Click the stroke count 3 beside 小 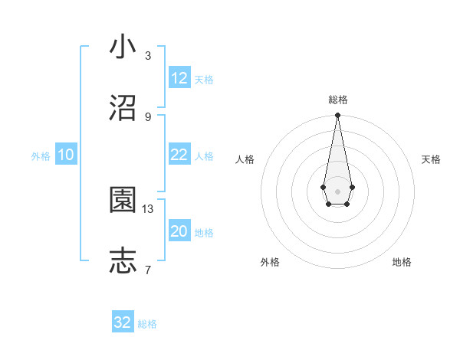point(148,56)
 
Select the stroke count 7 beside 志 point(148,270)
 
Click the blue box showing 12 point(179,78)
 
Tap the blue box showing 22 point(179,155)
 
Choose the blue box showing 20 point(179,231)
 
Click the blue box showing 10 point(66,155)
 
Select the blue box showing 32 point(123,322)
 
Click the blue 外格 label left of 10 point(41,155)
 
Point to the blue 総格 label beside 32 point(147,323)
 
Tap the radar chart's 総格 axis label point(337,100)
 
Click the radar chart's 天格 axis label point(431,159)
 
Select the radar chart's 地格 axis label point(402,262)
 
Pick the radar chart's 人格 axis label point(245,159)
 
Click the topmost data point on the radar point(337,116)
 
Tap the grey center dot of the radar point(337,191)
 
